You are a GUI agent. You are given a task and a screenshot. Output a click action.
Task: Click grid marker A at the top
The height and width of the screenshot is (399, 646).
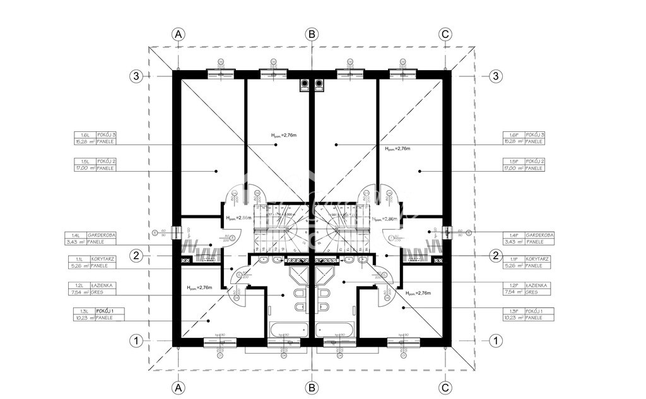(x=179, y=34)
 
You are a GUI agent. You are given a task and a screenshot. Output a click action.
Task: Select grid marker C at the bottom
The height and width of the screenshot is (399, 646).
(x=445, y=387)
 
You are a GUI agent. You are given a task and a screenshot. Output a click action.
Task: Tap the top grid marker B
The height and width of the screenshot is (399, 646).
(x=311, y=34)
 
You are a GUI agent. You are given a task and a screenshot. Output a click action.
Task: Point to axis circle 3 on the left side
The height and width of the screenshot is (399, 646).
(x=136, y=76)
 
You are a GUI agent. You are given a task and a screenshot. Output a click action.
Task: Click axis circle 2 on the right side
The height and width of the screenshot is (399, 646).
(x=496, y=255)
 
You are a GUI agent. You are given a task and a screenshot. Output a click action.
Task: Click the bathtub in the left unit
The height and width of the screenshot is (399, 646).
(x=288, y=330)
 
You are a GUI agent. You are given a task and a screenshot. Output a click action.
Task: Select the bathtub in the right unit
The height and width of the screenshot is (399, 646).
(x=335, y=330)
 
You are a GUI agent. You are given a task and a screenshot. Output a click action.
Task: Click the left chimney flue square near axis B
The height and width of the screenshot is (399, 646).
(x=304, y=82)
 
